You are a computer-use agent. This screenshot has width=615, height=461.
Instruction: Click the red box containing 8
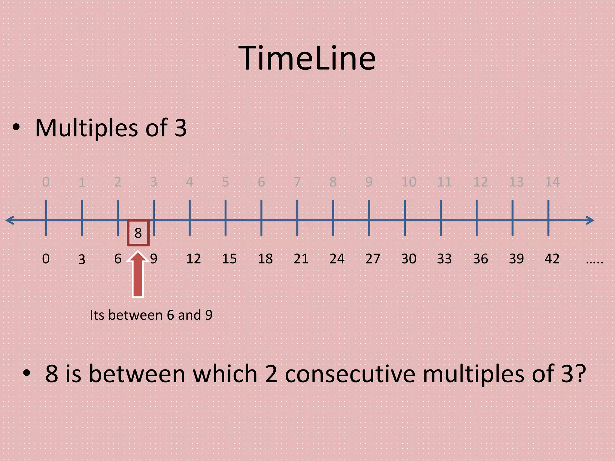click(138, 233)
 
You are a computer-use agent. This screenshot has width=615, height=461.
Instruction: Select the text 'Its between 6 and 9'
click(151, 315)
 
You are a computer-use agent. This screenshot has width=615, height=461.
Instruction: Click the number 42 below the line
click(552, 259)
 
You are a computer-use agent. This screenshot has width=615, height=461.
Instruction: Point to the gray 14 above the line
click(552, 182)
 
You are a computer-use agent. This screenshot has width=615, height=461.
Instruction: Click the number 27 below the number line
click(373, 259)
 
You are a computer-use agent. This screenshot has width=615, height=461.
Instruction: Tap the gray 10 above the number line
click(409, 182)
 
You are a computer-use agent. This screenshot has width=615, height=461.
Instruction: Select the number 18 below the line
click(265, 259)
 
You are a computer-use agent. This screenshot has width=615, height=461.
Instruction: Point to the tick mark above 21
click(297, 218)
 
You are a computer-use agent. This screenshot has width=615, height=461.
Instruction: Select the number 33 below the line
click(444, 259)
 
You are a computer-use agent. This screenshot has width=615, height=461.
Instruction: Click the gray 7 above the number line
click(297, 182)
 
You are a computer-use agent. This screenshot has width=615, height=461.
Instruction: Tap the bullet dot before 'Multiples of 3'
click(16, 127)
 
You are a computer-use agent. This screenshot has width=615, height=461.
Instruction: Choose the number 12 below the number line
click(193, 259)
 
